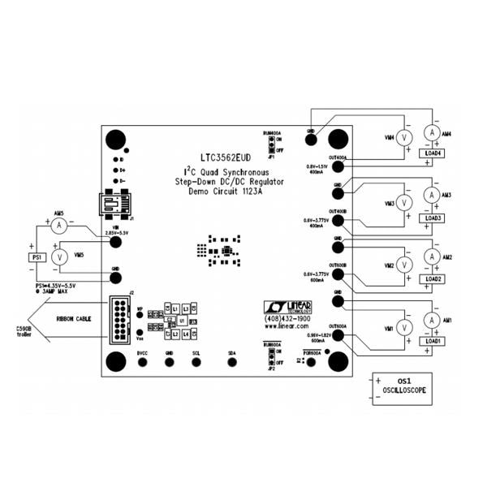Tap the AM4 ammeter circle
click(433, 132)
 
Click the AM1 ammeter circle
click(433, 320)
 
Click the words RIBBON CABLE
click(71, 318)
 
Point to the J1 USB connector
click(114, 204)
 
